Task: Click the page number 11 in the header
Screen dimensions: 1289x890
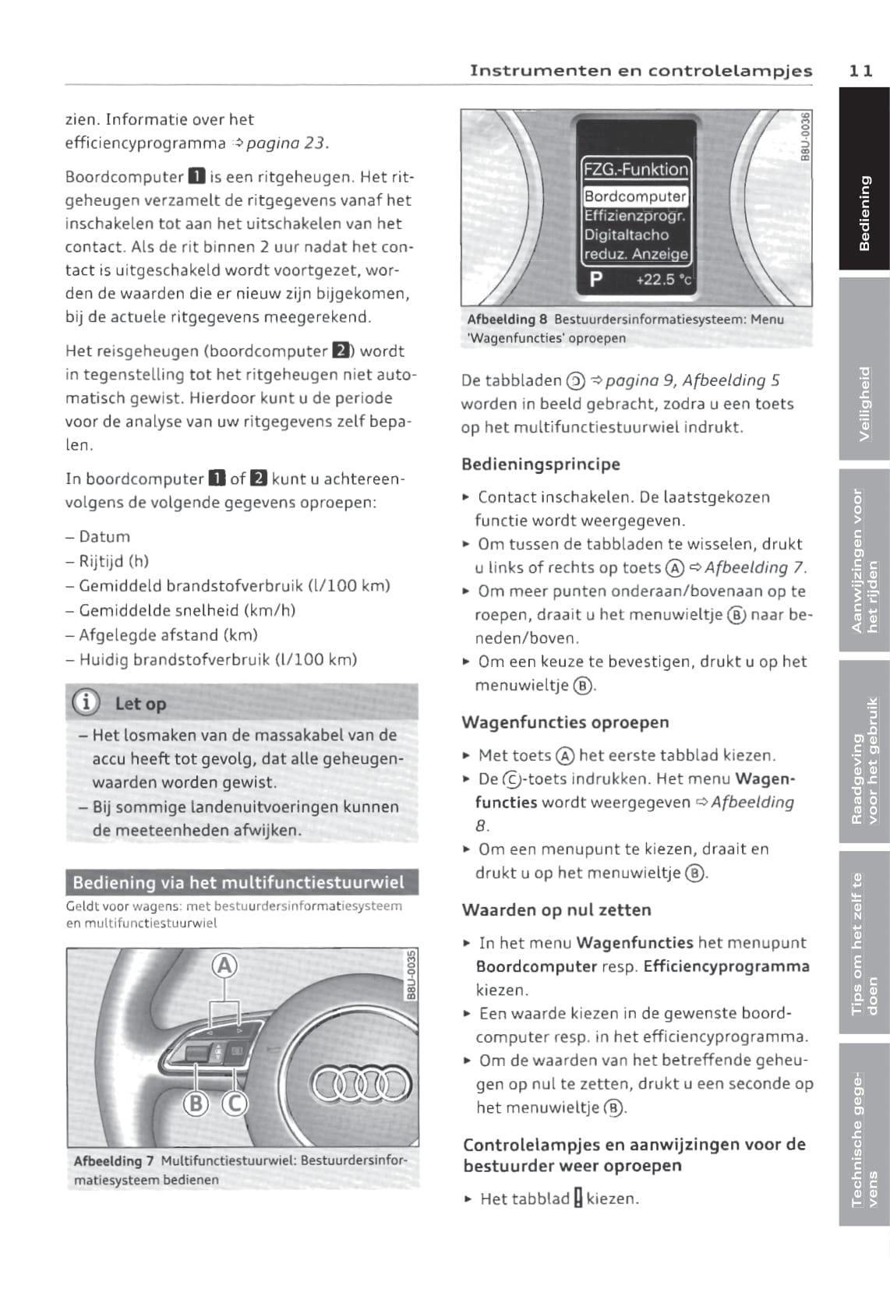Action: (x=860, y=71)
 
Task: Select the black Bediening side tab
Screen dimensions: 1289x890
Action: (x=864, y=179)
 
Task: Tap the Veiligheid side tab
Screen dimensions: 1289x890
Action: (x=864, y=369)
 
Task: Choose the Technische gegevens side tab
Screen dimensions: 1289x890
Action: (x=864, y=1135)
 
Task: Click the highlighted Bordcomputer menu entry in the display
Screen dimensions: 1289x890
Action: (x=635, y=196)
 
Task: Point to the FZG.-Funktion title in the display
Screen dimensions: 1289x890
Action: (x=635, y=169)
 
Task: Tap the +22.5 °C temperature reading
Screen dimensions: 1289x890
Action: (x=663, y=279)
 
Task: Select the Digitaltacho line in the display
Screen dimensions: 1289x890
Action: (x=627, y=235)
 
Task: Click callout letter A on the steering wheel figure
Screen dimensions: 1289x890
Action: (x=224, y=966)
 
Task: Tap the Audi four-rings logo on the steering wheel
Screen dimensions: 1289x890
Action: (x=360, y=1083)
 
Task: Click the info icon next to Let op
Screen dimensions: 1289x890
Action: (x=86, y=703)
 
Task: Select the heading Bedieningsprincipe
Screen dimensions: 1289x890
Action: (x=540, y=464)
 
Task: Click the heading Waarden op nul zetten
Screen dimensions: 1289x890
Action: (x=556, y=910)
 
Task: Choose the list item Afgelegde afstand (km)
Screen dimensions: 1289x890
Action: (x=168, y=635)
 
